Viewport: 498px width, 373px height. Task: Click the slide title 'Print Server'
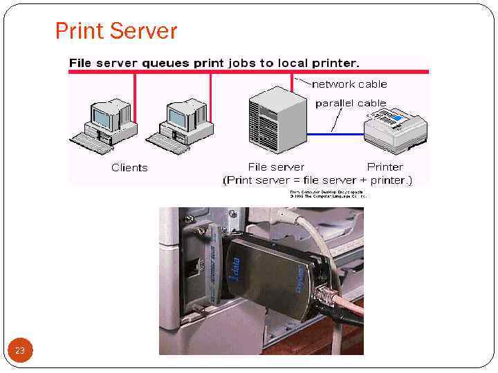coord(116,31)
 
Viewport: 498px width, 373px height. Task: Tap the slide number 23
coord(20,351)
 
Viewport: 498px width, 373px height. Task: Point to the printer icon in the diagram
coord(395,128)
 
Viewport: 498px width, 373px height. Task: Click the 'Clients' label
coord(129,167)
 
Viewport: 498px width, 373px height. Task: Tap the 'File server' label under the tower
coord(276,166)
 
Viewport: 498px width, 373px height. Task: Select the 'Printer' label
coord(385,166)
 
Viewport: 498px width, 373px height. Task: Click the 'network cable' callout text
coord(349,84)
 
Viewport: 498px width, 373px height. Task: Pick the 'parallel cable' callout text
coord(351,103)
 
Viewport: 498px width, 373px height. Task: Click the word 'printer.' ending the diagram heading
coord(336,63)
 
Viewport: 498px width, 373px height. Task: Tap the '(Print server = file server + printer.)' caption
coord(317,180)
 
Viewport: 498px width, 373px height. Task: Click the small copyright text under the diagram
coord(326,193)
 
